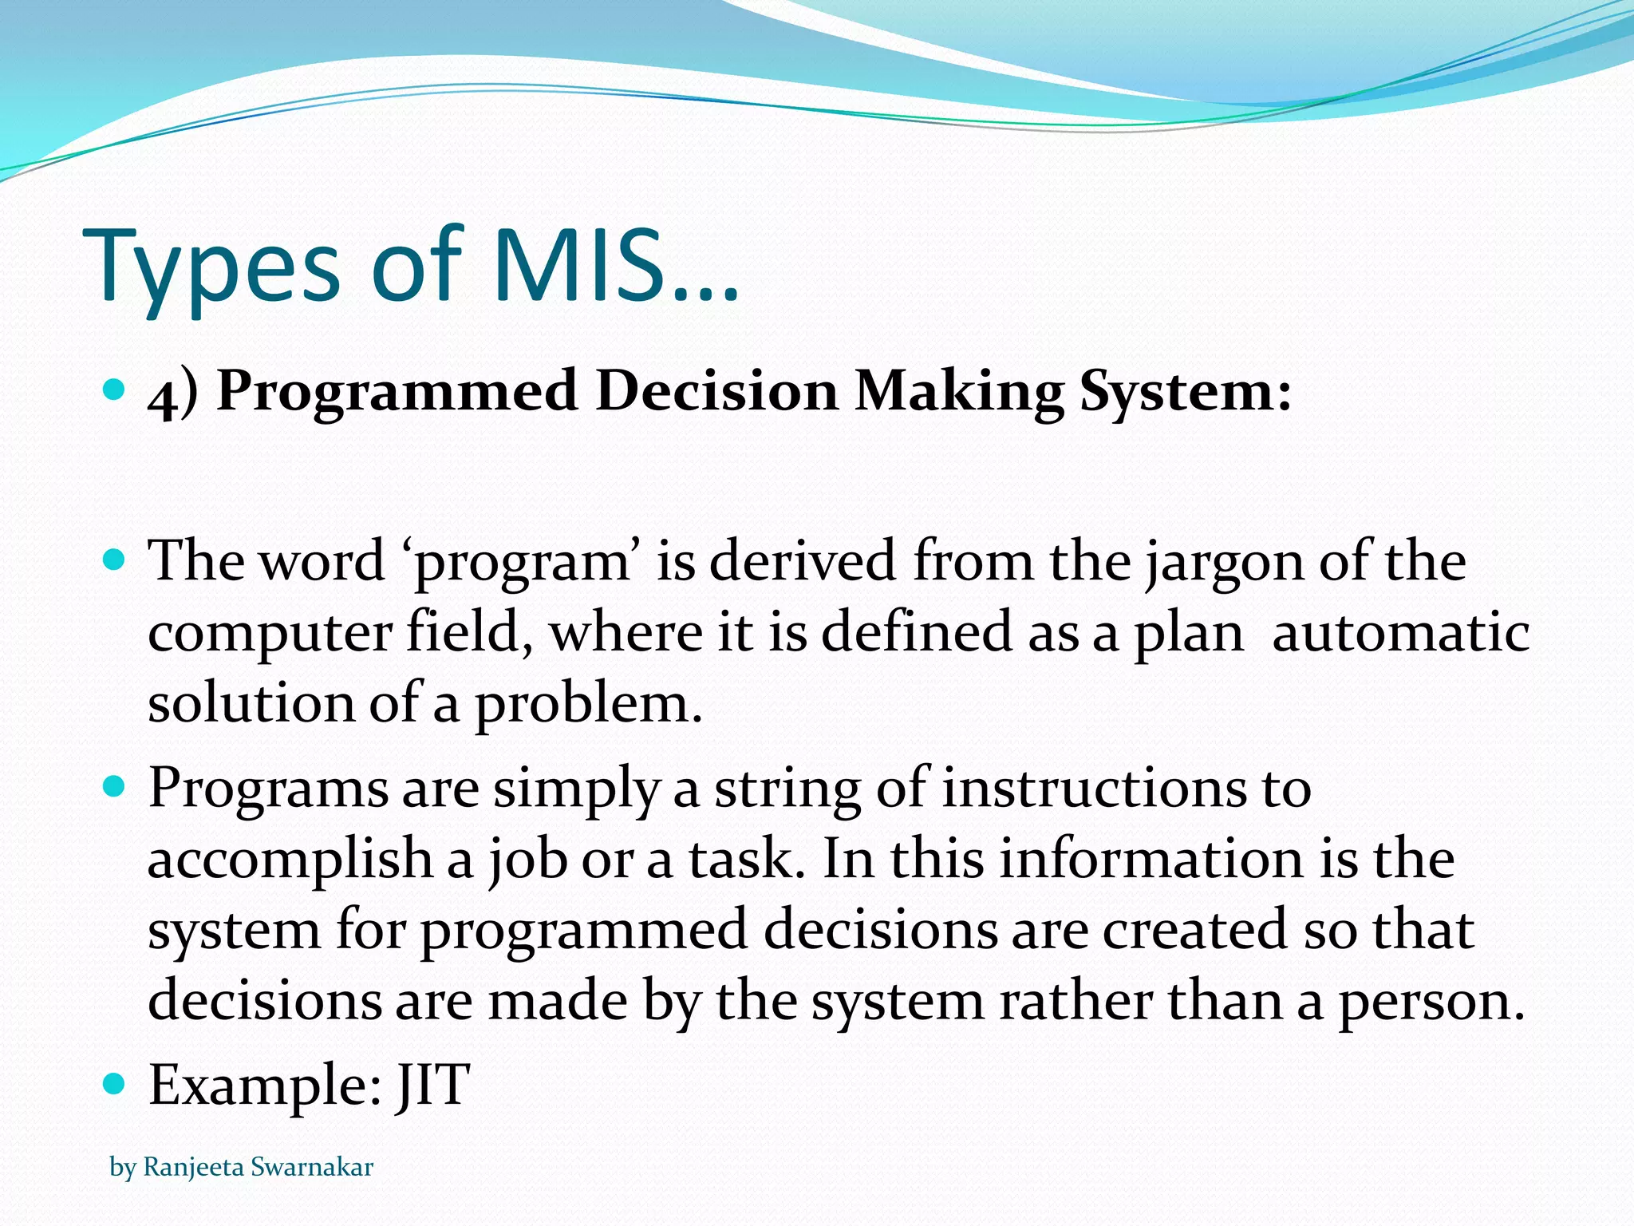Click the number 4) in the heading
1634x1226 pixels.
pyautogui.click(x=172, y=394)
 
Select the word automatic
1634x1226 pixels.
pyautogui.click(x=1400, y=632)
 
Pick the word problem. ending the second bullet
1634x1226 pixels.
pyautogui.click(x=588, y=704)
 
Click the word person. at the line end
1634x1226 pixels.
pyautogui.click(x=1431, y=1002)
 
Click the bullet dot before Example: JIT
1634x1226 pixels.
pyautogui.click(x=116, y=1084)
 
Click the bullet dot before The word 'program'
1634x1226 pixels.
pyautogui.click(x=116, y=560)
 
